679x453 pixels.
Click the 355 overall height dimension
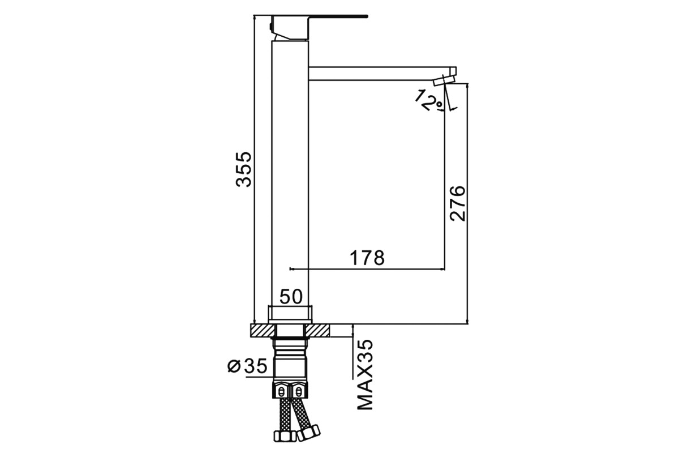pos(244,169)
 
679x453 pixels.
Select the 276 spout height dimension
pos(457,203)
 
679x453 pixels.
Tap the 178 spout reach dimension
pos(367,258)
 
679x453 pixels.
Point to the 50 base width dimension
pos(291,297)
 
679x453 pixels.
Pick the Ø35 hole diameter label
pos(247,366)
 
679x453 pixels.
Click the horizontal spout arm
pos(379,74)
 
